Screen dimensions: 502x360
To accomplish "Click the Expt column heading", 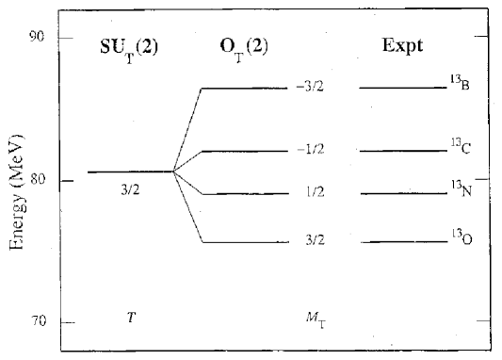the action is pyautogui.click(x=401, y=46).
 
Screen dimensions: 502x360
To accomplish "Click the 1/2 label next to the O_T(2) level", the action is pyautogui.click(x=316, y=193).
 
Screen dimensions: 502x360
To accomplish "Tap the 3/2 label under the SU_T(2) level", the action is pyautogui.click(x=131, y=190).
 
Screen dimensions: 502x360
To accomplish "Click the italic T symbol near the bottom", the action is pyautogui.click(x=131, y=319).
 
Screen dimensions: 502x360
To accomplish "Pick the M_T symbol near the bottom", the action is pyautogui.click(x=316, y=321).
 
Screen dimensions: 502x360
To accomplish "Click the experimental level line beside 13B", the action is pyautogui.click(x=403, y=88).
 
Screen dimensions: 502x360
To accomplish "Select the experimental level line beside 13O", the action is pyautogui.click(x=403, y=242).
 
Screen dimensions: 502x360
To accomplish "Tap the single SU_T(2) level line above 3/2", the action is pyautogui.click(x=130, y=172).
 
